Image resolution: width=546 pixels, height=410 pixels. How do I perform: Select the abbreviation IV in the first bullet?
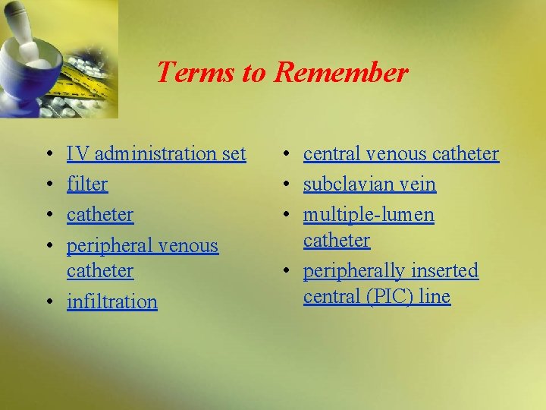coord(76,154)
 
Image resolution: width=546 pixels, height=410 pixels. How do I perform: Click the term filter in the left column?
coord(87,184)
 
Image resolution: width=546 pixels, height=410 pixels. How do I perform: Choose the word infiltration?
coord(112,301)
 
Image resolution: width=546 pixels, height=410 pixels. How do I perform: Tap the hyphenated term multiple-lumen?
coord(369,216)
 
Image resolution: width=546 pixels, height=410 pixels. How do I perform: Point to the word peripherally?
coord(352,271)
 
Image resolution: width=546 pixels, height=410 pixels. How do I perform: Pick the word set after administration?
coord(234,154)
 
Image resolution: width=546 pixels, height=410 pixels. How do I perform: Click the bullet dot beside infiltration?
coord(49,302)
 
